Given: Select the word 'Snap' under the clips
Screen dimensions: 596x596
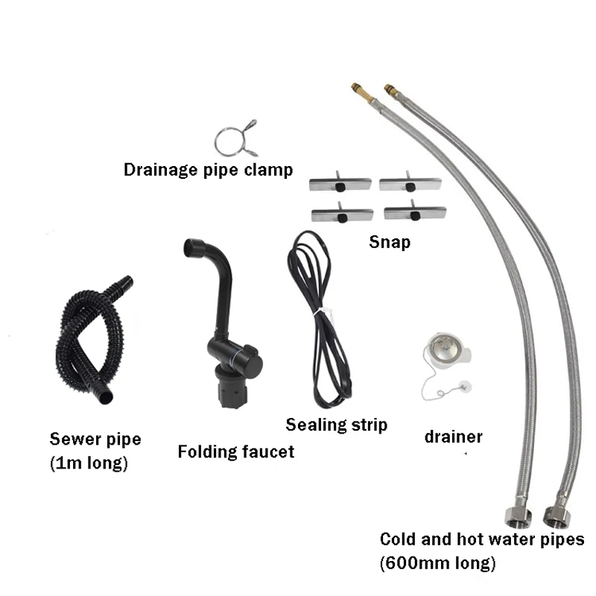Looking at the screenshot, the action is (x=389, y=241).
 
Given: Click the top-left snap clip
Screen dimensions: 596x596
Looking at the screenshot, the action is (x=340, y=183).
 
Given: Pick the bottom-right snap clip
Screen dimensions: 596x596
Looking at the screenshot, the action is (x=414, y=213).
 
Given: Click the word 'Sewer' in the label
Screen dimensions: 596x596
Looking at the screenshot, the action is (x=72, y=439).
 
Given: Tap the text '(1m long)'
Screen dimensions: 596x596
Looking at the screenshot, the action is (x=89, y=463).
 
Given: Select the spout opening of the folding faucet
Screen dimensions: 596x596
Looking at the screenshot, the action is (x=194, y=247).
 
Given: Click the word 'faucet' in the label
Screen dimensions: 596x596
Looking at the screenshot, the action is (x=267, y=451).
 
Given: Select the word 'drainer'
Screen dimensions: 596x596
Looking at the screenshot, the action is (x=453, y=437).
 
